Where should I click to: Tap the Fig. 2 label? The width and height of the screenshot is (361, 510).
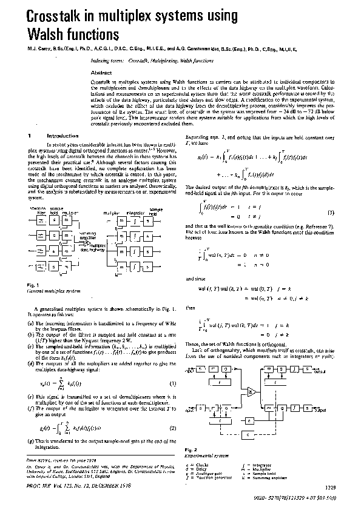188,449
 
